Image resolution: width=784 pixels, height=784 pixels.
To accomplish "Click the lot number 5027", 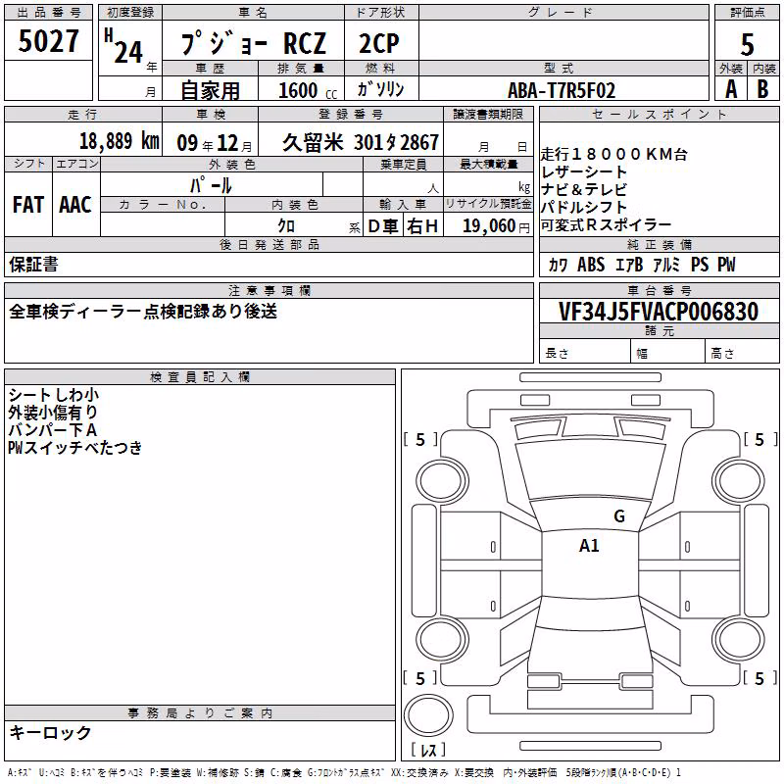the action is tap(48, 40).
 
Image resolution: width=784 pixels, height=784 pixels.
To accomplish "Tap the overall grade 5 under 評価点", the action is tap(747, 44).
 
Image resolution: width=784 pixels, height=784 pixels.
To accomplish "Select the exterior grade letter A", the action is tap(731, 89).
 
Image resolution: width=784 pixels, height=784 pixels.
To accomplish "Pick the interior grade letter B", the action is tap(762, 89).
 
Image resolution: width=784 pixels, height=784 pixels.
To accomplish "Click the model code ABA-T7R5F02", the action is tap(562, 90).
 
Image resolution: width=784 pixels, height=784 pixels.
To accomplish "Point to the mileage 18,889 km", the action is tap(119, 141).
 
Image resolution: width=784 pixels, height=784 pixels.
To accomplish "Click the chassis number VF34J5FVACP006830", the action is tap(659, 312).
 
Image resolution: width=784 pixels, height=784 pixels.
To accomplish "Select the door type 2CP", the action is tap(379, 43).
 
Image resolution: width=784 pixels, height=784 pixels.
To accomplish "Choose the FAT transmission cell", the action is tap(28, 205).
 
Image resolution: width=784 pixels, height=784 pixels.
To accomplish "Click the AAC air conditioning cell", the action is tap(75, 205).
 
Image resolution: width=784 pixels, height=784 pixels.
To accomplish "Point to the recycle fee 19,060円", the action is tap(496, 226).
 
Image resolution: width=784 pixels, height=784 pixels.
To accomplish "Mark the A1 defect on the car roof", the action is tap(589, 546).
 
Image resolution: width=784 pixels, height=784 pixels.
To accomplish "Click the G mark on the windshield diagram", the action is tap(619, 515).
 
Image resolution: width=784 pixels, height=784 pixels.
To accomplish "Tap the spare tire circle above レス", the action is tap(428, 715).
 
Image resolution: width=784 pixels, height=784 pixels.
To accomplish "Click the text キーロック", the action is tap(50, 732).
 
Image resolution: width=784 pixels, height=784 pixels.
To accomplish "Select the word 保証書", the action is tap(33, 264).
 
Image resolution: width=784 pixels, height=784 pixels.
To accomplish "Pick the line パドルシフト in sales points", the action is tap(583, 207).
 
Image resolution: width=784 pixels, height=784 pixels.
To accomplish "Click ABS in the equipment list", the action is tap(591, 264).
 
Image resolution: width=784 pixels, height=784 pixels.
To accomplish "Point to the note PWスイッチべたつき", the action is tap(75, 447).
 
